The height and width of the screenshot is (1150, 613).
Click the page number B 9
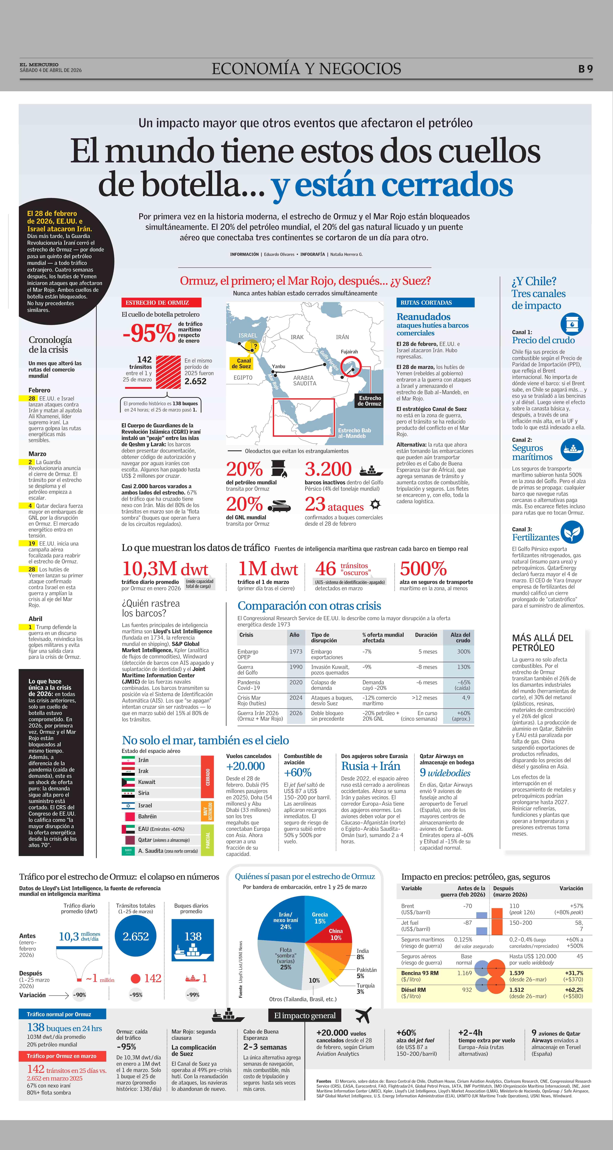pos(585,69)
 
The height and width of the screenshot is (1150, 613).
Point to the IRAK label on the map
pos(297,337)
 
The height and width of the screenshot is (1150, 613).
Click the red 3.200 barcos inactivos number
pos(328,469)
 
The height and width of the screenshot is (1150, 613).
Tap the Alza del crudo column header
pos(460,638)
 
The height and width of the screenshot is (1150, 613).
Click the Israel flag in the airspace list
pos(128,805)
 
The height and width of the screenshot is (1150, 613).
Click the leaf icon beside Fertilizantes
pos(572,532)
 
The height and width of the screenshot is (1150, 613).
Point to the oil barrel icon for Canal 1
pos(572,324)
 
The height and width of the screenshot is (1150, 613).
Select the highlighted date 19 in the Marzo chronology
pos(32,543)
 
